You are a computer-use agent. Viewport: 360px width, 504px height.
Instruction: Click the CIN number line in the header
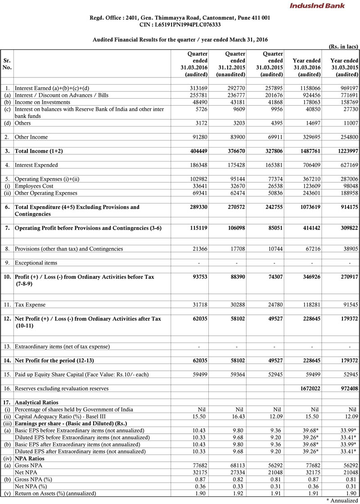[x=180, y=25]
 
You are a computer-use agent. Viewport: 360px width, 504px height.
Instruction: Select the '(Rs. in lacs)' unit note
[x=343, y=46]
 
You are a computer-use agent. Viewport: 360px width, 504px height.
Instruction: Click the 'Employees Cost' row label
[x=34, y=185]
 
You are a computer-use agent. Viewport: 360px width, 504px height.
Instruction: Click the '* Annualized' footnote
[x=342, y=500]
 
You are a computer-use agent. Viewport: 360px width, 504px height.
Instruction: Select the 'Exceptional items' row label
[x=36, y=262]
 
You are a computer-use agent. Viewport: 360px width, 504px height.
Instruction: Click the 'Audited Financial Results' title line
[x=180, y=40]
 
